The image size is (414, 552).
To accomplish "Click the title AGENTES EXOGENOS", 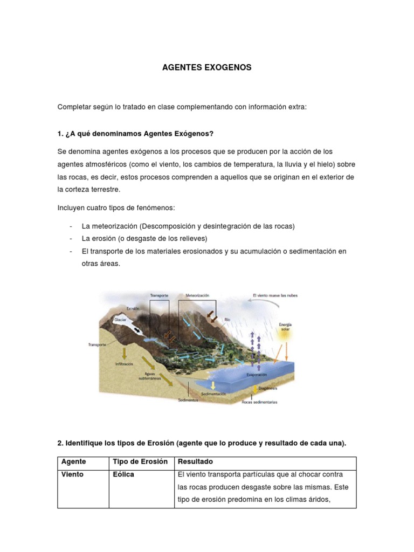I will tap(207, 68).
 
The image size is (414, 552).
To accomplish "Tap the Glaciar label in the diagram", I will tap(120, 320).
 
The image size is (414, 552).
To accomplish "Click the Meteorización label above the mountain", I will tap(197, 296).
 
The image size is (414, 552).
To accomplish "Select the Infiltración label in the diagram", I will tap(124, 364).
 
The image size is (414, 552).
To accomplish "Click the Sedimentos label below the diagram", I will tap(188, 400).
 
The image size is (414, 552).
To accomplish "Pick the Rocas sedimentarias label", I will tap(261, 402).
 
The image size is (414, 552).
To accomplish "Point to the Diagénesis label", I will tap(267, 388).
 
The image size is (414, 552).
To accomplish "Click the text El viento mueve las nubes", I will tap(275, 295).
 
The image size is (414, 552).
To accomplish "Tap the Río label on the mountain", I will tap(227, 319).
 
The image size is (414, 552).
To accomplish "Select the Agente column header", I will tap(74, 462).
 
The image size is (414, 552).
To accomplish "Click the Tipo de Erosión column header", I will tap(140, 462).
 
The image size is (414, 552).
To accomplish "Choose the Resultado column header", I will tap(195, 462).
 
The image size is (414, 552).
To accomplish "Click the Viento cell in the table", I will tap(73, 475).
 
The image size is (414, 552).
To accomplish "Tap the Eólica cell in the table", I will tap(123, 475).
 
